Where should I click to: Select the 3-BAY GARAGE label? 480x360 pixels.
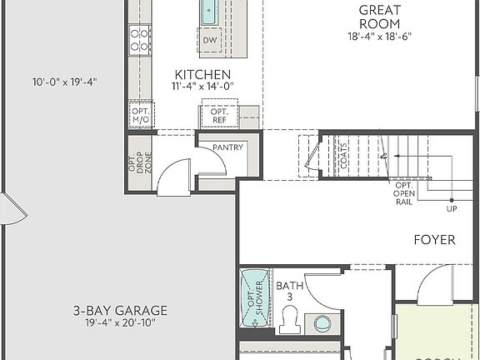point(120,311)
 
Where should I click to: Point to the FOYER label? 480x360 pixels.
point(435,240)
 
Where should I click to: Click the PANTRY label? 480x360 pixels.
point(227,147)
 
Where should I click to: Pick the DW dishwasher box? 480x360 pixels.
point(210,39)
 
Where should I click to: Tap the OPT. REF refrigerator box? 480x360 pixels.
point(219,116)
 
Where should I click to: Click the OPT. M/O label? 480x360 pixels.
point(139,115)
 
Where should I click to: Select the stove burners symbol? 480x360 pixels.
point(139,39)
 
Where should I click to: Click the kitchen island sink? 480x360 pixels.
point(208,12)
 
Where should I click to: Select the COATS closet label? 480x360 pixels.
point(345,155)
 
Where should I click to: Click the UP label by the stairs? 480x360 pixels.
point(451,208)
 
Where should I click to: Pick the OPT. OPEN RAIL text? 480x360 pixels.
point(404,193)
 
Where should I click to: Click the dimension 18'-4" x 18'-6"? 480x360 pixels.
point(379,36)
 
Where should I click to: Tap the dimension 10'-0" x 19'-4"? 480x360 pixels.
point(65,82)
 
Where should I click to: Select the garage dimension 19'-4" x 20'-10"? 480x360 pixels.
point(120,323)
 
